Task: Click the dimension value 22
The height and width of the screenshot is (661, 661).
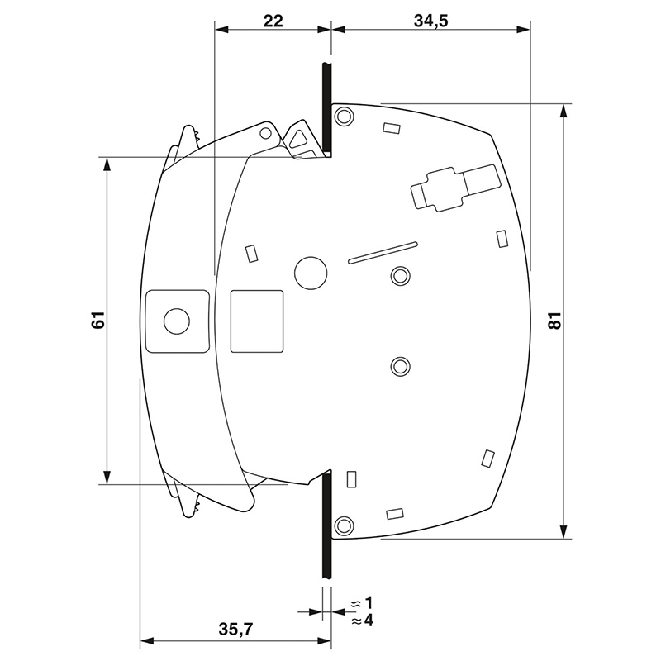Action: click(x=273, y=21)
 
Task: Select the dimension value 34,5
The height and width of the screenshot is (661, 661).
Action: click(x=430, y=21)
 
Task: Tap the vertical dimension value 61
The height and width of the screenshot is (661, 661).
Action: click(x=98, y=321)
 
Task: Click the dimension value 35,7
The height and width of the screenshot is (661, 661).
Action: click(x=235, y=629)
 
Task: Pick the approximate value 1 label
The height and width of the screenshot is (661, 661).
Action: click(x=369, y=603)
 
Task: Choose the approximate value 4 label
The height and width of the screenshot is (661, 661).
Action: click(x=369, y=621)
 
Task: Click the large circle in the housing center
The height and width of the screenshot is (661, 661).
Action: click(x=311, y=273)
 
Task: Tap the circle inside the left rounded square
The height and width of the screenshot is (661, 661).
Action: click(x=177, y=321)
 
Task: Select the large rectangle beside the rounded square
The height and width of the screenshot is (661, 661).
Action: click(x=257, y=321)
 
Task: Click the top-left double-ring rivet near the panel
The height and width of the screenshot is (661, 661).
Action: click(x=344, y=116)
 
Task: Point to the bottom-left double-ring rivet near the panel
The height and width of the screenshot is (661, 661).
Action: click(x=344, y=525)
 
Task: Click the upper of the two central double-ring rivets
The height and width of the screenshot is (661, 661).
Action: click(x=401, y=276)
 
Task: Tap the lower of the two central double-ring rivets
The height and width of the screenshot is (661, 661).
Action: click(x=401, y=366)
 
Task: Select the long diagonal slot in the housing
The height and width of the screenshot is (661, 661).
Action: click(x=383, y=253)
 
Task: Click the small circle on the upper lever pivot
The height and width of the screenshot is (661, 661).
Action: click(x=265, y=133)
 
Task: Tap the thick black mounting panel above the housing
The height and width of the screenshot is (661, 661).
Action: click(x=326, y=109)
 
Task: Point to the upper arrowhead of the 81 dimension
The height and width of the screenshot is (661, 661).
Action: click(x=564, y=113)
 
